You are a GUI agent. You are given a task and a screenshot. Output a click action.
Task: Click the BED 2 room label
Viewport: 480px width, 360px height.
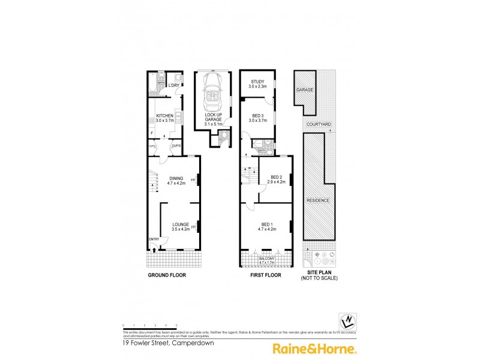(x=276, y=179)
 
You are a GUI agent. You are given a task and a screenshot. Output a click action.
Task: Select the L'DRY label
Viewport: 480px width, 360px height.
(x=173, y=85)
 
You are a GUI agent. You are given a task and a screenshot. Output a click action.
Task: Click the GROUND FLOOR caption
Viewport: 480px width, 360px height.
(x=166, y=275)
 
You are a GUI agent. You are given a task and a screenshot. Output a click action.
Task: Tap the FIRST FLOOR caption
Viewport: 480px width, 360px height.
(x=265, y=275)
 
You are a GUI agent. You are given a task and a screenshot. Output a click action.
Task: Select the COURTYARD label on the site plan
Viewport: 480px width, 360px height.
(x=318, y=124)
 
